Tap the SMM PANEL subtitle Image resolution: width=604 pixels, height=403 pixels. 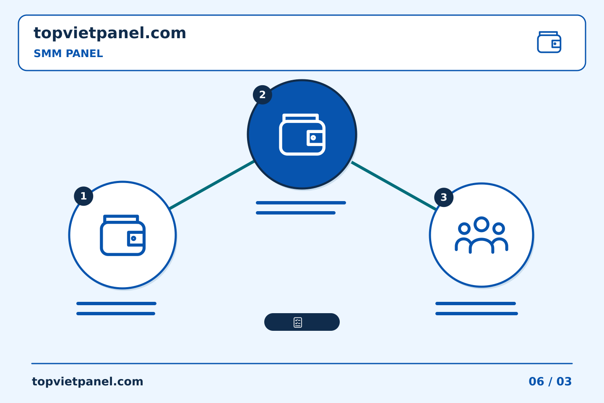68,53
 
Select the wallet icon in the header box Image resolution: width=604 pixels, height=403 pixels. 549,42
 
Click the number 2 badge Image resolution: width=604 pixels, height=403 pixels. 263,95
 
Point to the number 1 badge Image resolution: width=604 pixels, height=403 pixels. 83,196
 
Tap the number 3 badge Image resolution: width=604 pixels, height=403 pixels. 444,197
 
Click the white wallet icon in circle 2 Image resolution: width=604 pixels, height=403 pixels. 302,134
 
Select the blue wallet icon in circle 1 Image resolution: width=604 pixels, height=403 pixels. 122,235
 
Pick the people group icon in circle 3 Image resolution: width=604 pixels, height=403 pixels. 482,235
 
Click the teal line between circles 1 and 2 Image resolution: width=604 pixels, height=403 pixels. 212,185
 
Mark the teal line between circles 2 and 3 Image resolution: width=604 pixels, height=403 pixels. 394,186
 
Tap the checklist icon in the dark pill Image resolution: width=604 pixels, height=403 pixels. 298,322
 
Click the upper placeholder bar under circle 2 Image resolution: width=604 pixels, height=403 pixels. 301,203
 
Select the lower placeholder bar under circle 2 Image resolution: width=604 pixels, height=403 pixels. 296,213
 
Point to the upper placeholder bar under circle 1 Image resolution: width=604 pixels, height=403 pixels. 116,304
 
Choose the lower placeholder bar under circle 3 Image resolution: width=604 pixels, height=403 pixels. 477,314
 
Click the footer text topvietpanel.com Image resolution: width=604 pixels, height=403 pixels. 87,382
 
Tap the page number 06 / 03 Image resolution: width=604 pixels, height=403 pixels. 550,382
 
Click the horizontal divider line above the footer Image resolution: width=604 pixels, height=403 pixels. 302,364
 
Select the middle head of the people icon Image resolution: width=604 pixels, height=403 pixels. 482,224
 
